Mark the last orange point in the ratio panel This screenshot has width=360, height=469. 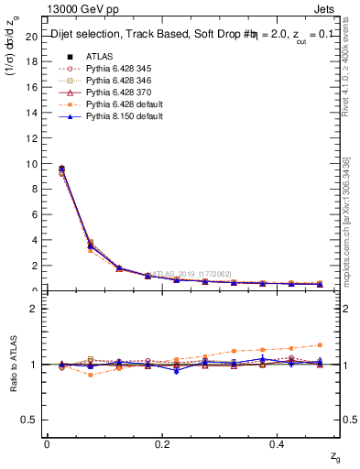[320, 345]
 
